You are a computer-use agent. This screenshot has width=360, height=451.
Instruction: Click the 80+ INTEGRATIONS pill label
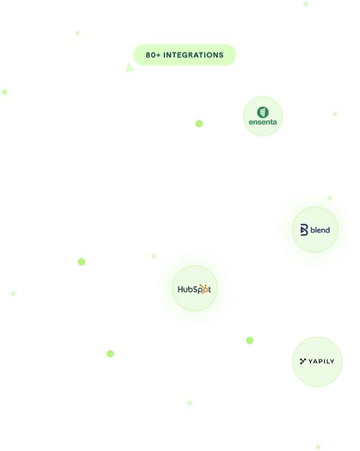pyautogui.click(x=184, y=55)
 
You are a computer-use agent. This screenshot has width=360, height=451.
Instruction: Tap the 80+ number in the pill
pyautogui.click(x=153, y=55)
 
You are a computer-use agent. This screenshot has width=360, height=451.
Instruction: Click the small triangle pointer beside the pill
pyautogui.click(x=129, y=68)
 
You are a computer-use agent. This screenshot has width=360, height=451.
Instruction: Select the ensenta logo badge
pyautogui.click(x=263, y=117)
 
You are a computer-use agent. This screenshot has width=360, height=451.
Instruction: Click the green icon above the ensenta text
pyautogui.click(x=263, y=111)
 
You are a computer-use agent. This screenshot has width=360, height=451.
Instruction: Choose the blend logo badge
pyautogui.click(x=315, y=230)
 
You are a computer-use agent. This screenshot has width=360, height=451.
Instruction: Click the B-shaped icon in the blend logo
pyautogui.click(x=304, y=230)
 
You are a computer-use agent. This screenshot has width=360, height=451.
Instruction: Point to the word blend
pyautogui.click(x=320, y=230)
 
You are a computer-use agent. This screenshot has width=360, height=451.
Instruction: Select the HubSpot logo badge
pyautogui.click(x=194, y=290)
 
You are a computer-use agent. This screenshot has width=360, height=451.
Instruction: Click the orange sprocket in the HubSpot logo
pyautogui.click(x=204, y=290)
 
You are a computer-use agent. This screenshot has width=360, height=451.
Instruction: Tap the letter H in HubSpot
pyautogui.click(x=181, y=290)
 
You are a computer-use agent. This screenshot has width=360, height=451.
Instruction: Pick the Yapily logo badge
pyautogui.click(x=318, y=361)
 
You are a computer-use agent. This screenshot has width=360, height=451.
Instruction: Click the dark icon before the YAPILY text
pyautogui.click(x=302, y=360)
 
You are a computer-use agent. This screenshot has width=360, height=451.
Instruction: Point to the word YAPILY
pyautogui.click(x=322, y=361)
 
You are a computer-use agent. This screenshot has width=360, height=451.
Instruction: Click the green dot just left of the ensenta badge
pyautogui.click(x=199, y=124)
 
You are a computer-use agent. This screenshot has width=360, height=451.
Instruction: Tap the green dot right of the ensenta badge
pyautogui.click(x=335, y=114)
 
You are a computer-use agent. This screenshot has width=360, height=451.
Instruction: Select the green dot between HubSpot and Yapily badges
pyautogui.click(x=250, y=340)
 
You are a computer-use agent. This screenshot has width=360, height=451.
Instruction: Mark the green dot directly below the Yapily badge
pyautogui.click(x=318, y=447)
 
